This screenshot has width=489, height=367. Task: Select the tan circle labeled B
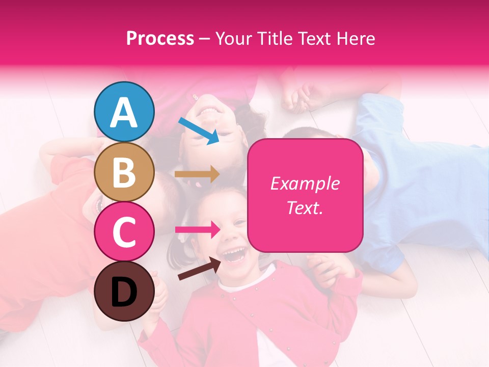click(x=124, y=172)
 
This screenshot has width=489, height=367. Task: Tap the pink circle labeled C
click(x=124, y=231)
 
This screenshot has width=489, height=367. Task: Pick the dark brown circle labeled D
click(x=124, y=291)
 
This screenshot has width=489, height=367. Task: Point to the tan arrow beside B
click(x=197, y=174)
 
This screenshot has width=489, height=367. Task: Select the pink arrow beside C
click(x=197, y=229)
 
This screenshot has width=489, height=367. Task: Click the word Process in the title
click(x=160, y=39)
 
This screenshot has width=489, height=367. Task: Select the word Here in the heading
click(x=356, y=39)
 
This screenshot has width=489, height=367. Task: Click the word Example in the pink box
click(x=305, y=183)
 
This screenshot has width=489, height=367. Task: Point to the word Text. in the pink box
click(x=305, y=207)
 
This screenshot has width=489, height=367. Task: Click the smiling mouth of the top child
click(x=210, y=109)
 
